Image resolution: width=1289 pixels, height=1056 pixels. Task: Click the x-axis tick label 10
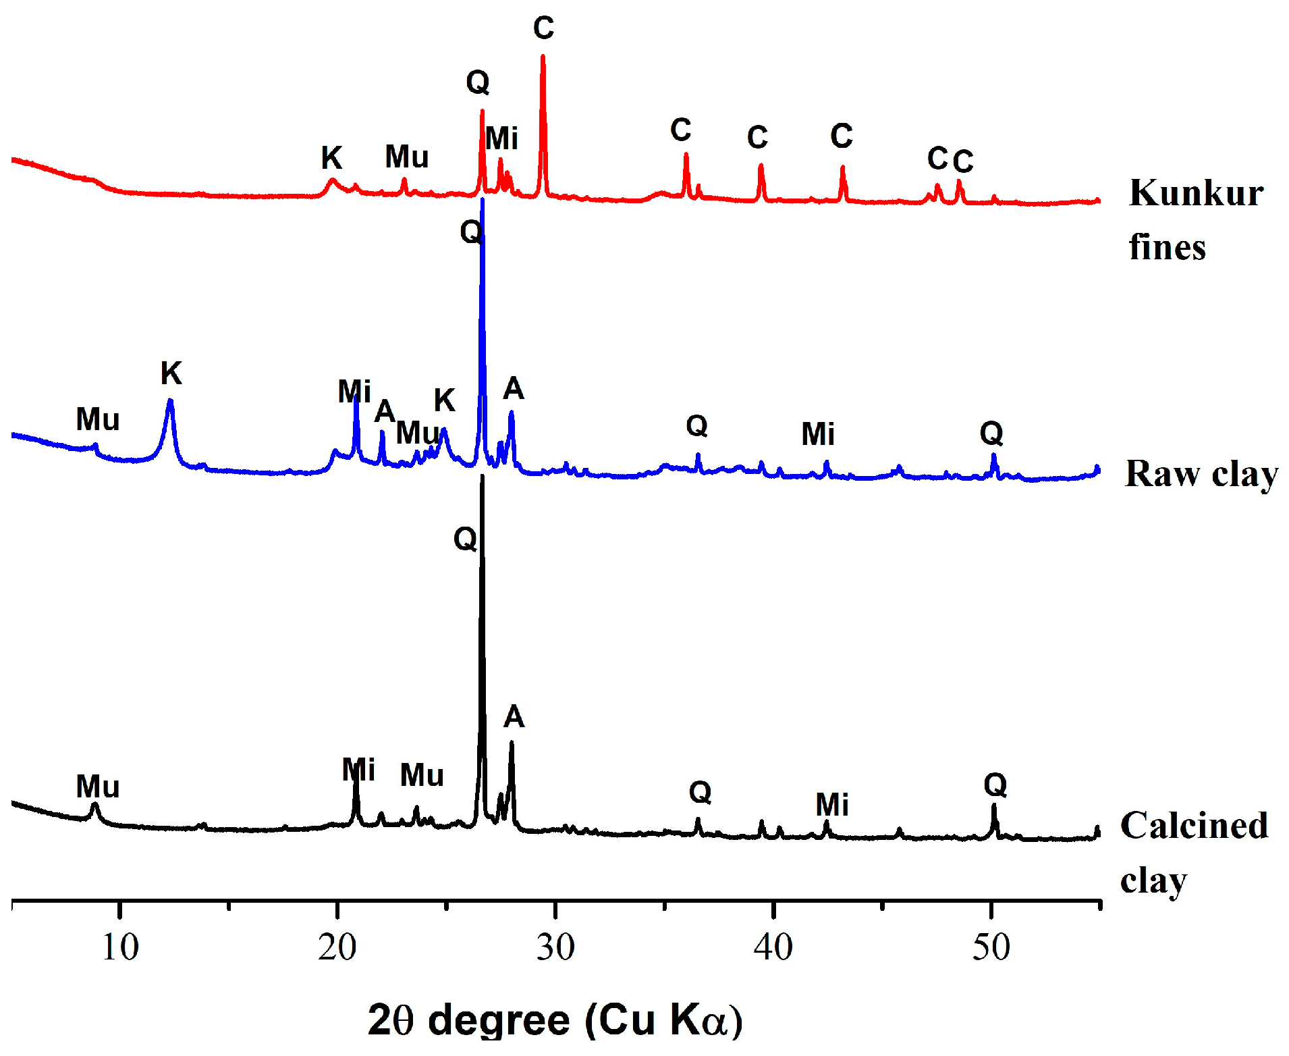120,947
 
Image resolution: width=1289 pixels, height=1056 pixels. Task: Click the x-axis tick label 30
555,947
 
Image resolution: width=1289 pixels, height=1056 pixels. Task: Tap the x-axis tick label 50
991,947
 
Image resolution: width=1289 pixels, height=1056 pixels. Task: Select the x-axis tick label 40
773,947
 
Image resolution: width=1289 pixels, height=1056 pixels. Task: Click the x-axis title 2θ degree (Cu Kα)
555,1020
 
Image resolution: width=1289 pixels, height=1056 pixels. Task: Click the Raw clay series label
1201,473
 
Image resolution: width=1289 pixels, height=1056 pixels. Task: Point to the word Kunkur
1196,194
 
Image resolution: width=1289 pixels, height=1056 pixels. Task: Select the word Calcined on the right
1194,826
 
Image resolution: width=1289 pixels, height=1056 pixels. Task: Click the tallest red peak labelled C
543,57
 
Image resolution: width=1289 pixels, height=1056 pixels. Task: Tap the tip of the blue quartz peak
482,201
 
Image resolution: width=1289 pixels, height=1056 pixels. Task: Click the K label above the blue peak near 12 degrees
171,373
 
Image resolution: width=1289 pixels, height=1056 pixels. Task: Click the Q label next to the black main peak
465,539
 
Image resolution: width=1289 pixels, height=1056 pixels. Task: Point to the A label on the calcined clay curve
514,716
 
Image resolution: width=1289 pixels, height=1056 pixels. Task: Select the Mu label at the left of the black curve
97,787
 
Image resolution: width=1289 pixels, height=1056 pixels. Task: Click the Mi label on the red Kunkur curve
501,138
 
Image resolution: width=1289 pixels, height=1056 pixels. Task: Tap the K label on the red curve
331,158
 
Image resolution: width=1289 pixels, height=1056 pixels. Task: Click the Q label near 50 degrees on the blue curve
991,433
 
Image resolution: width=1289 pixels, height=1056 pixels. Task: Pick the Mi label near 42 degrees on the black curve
831,805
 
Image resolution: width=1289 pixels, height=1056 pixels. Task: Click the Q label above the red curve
477,82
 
